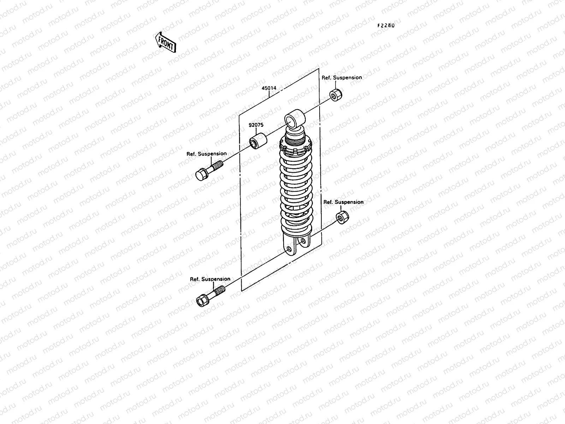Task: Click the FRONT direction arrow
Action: point(165,42)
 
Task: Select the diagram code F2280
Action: point(386,26)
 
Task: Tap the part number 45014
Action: point(269,88)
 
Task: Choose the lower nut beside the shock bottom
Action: point(341,217)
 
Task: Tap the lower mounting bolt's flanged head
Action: point(202,300)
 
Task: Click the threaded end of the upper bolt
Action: point(218,165)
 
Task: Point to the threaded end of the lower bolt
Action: point(219,291)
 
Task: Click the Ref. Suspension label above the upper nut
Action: point(341,77)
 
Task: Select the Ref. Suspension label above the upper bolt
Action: point(207,154)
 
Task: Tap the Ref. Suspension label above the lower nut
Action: point(343,202)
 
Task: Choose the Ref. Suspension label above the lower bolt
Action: point(210,279)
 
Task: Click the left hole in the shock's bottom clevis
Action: point(290,249)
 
